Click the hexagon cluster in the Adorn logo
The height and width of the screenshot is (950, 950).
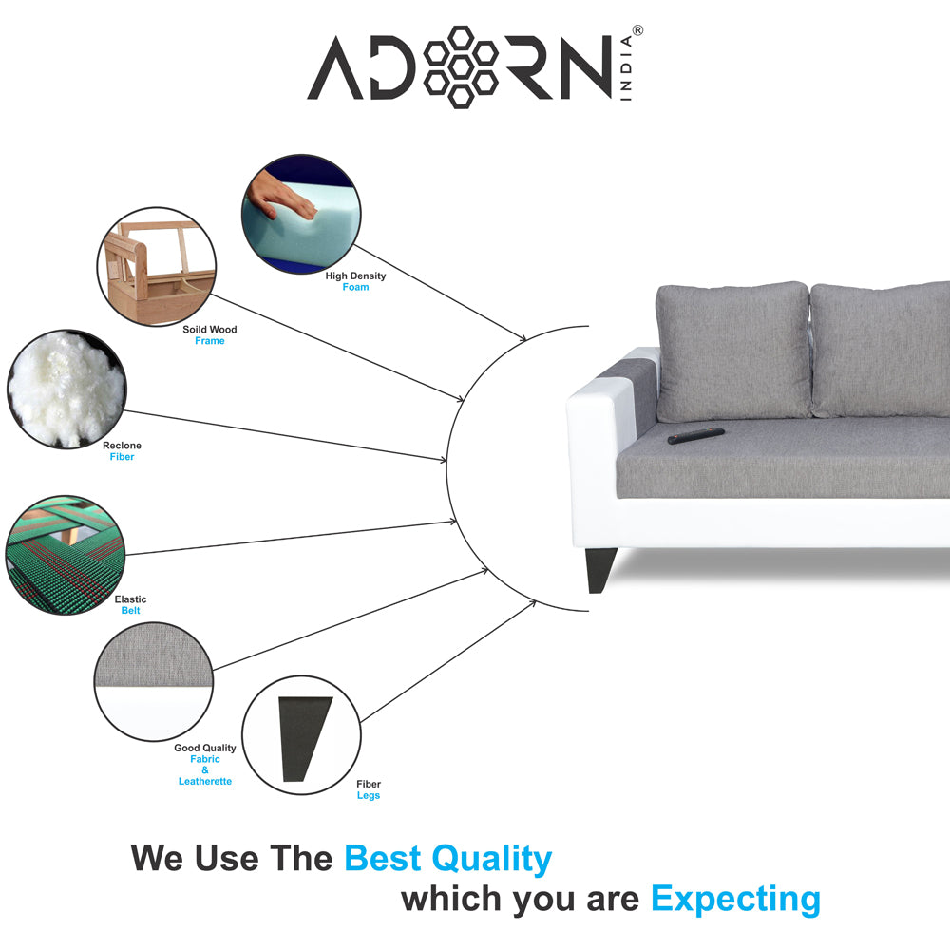pyautogui.click(x=461, y=67)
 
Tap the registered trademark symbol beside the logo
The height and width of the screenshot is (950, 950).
pyautogui.click(x=637, y=30)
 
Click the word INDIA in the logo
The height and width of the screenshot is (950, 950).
pyautogui.click(x=626, y=67)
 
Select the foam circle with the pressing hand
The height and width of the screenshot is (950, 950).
pyautogui.click(x=301, y=213)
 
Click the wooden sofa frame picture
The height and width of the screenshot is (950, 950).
pyautogui.click(x=157, y=267)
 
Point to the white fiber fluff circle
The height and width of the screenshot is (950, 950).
pyautogui.click(x=66, y=389)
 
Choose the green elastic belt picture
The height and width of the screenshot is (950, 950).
pyautogui.click(x=66, y=555)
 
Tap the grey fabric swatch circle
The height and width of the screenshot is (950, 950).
pyautogui.click(x=154, y=681)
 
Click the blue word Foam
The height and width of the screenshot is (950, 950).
pyautogui.click(x=355, y=287)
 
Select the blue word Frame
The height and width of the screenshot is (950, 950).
pyautogui.click(x=210, y=341)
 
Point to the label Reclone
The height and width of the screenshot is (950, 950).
pyautogui.click(x=122, y=446)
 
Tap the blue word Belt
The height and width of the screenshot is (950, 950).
pyautogui.click(x=130, y=611)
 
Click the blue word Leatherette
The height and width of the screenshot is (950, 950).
pyautogui.click(x=205, y=782)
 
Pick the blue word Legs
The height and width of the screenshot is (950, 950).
pyautogui.click(x=369, y=795)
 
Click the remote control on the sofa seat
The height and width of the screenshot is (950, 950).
pyautogui.click(x=696, y=436)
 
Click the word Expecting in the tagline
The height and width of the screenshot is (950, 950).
pyautogui.click(x=735, y=900)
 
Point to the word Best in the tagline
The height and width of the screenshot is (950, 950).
pyautogui.click(x=383, y=859)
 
